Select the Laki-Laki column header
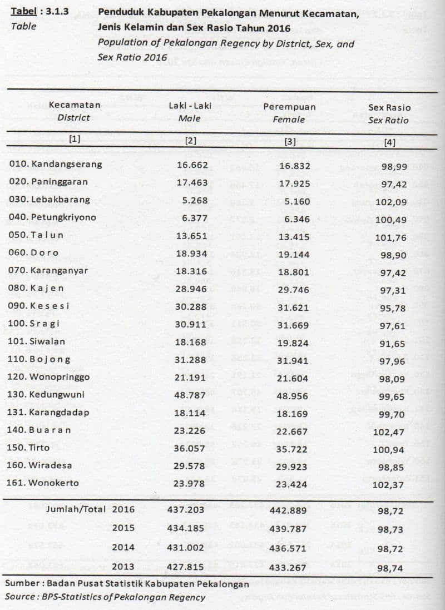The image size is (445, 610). [x=190, y=106]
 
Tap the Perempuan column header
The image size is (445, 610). [x=289, y=107]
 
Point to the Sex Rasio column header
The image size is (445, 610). [x=389, y=107]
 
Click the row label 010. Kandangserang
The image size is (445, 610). [x=55, y=165]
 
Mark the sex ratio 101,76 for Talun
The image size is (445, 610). [x=390, y=237]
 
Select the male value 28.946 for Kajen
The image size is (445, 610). [x=191, y=289]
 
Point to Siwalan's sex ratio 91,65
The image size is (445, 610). [x=392, y=344]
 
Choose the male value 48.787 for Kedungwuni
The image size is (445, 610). [x=191, y=395]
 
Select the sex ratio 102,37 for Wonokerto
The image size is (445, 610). [x=390, y=485]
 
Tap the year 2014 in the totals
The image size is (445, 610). [x=123, y=548]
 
